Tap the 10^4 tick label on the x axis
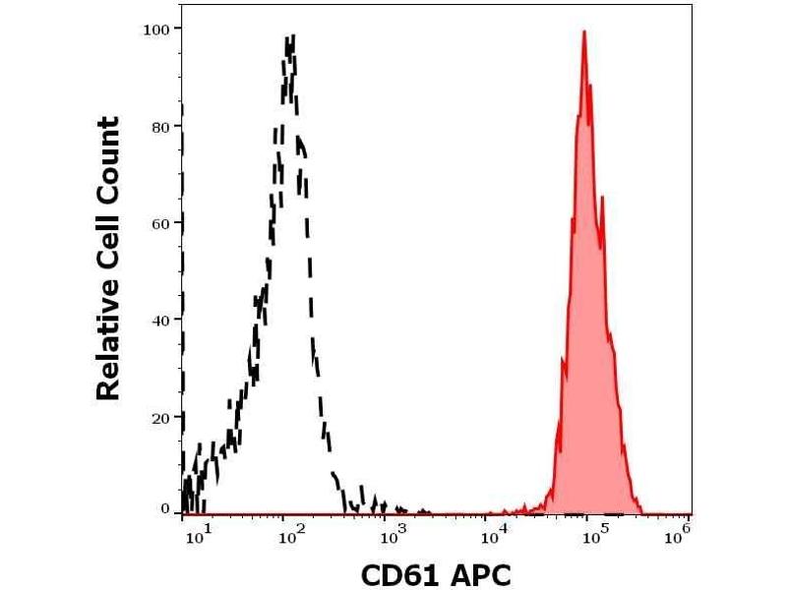click(x=492, y=535)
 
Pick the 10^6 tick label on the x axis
click(x=679, y=535)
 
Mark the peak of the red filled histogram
click(x=584, y=31)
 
